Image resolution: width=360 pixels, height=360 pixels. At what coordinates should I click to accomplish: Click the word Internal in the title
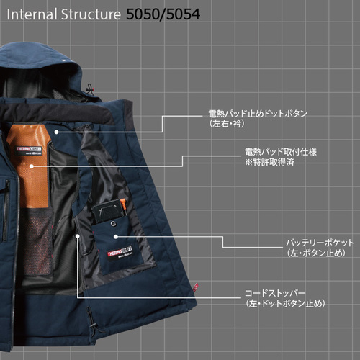click(x=32, y=14)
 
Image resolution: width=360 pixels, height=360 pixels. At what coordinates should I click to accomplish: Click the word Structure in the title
click(x=91, y=14)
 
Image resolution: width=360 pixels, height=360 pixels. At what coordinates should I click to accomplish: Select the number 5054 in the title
click(x=184, y=14)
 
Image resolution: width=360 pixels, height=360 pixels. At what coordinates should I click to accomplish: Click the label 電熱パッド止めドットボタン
click(x=258, y=114)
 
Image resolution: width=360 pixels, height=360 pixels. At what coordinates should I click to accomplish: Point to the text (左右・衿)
click(x=227, y=124)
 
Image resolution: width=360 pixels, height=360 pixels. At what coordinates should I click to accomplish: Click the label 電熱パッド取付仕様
click(x=281, y=152)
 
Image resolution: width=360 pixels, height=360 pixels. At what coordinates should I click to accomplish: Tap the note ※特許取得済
click(x=269, y=163)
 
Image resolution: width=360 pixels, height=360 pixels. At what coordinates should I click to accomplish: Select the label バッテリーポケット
click(x=320, y=243)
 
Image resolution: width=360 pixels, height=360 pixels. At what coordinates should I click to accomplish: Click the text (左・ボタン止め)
click(x=316, y=253)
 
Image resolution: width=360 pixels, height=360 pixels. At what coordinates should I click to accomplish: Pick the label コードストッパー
click(x=275, y=293)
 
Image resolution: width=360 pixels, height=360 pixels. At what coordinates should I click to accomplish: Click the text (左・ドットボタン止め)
click(x=286, y=304)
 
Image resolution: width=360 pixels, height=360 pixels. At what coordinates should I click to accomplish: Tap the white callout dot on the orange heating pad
click(x=32, y=166)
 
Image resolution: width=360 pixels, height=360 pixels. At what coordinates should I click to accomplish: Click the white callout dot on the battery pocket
click(x=116, y=237)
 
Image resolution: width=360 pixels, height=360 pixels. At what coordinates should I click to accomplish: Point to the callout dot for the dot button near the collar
click(x=56, y=132)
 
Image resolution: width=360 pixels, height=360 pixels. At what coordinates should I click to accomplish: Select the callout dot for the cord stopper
click(x=77, y=236)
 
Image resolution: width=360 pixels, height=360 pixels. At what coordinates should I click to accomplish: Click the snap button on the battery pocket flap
click(x=112, y=224)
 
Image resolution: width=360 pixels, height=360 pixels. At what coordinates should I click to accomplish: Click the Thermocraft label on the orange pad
click(x=29, y=150)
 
